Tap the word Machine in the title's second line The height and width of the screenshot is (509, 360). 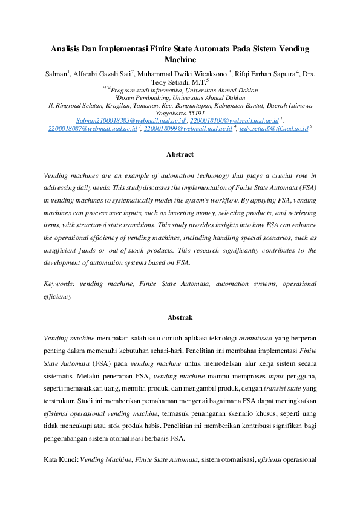pyautogui.click(x=180, y=59)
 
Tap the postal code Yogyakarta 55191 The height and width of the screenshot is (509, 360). pyautogui.click(x=180, y=113)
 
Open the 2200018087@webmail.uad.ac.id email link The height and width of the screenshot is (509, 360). pyautogui.click(x=93, y=129)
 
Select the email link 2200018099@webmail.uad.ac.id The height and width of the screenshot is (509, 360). pyautogui.click(x=188, y=129)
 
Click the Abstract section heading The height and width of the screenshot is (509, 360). pyautogui.click(x=180, y=154)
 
